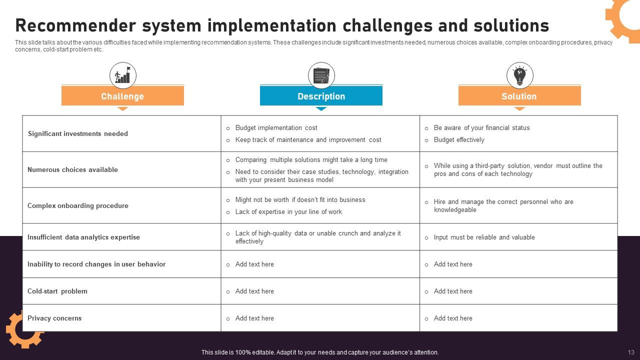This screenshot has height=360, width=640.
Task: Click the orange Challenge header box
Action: (x=122, y=95)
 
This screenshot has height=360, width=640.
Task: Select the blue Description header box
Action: (x=321, y=95)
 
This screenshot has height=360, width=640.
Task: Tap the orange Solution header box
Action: (x=519, y=95)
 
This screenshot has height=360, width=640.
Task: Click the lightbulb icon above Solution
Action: (x=519, y=75)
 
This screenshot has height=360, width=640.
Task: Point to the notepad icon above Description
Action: (x=321, y=75)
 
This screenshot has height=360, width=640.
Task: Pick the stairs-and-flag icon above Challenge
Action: (x=122, y=75)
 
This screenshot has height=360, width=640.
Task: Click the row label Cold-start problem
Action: (x=57, y=291)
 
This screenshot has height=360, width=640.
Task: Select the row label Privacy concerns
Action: (x=54, y=318)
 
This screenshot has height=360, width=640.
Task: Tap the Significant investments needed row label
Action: (x=77, y=133)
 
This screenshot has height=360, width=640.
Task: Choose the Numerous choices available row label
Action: (x=72, y=169)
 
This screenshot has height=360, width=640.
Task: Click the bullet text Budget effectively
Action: (x=459, y=139)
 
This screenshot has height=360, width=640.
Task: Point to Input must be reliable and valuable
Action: (x=484, y=237)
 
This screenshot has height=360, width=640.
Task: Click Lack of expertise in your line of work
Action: (x=288, y=211)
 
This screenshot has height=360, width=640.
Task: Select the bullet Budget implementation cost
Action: (x=276, y=127)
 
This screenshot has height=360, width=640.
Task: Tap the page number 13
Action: (x=631, y=352)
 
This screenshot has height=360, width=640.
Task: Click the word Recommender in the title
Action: (x=75, y=25)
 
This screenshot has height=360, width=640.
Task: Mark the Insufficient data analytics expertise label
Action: (x=83, y=237)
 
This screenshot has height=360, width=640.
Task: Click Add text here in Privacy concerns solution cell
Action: (x=453, y=318)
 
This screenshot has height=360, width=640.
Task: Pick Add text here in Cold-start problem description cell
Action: (x=254, y=291)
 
